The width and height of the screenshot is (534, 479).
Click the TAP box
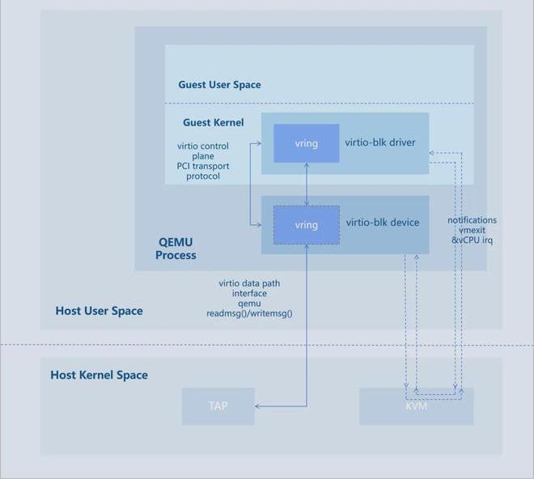click(218, 406)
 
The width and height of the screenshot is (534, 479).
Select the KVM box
click(416, 406)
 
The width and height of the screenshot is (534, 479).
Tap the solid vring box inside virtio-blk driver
click(306, 143)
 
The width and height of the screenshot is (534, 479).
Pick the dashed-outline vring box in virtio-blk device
click(306, 225)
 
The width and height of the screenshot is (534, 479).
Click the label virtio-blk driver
click(380, 142)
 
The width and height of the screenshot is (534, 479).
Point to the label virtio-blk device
click(383, 222)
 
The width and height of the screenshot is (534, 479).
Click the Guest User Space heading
click(219, 84)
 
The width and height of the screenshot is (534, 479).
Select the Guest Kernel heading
click(213, 123)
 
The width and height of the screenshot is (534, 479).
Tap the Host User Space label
click(99, 311)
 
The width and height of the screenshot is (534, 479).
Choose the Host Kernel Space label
click(99, 375)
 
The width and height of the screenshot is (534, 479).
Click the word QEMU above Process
click(176, 242)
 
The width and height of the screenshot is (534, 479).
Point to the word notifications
click(472, 220)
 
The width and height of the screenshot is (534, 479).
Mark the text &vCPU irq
click(472, 240)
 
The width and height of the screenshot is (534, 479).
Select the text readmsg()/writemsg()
click(249, 312)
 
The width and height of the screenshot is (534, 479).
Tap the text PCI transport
click(203, 166)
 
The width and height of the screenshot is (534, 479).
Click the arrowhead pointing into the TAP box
click(259, 406)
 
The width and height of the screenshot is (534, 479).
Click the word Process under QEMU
click(176, 255)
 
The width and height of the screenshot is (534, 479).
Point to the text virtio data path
click(249, 283)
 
